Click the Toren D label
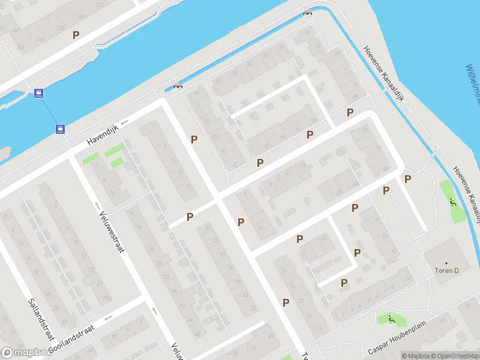tap(446, 271)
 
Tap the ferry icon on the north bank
tap(39, 93)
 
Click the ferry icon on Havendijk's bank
tap(60, 128)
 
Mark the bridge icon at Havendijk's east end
tap(178, 86)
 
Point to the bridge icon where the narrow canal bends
tap(308, 13)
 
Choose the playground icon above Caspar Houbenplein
tap(391, 319)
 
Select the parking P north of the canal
tap(76, 35)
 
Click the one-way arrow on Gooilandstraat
tap(109, 319)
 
